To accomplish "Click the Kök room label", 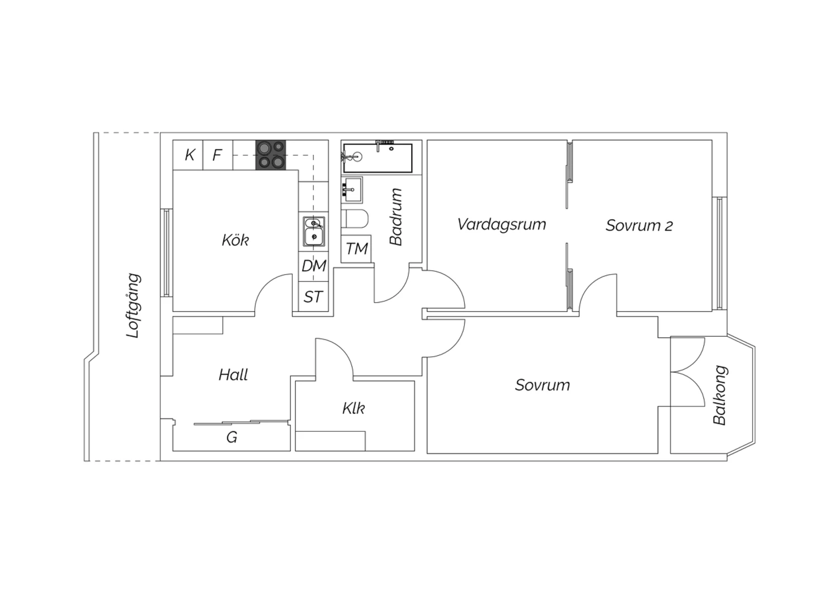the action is [x=235, y=240].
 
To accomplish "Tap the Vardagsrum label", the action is [x=502, y=224].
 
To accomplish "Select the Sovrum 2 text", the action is [x=639, y=225].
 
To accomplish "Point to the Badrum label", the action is [x=395, y=217].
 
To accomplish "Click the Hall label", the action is [x=233, y=375].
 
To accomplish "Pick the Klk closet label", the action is [x=353, y=408].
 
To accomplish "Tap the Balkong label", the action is [x=720, y=395].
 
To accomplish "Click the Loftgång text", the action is [x=133, y=305].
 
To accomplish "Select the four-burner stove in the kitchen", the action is [x=271, y=155].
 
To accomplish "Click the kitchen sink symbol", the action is [x=314, y=232].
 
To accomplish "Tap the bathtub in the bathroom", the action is [x=378, y=158].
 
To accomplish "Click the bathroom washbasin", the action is [x=352, y=190].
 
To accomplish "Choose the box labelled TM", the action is [x=356, y=249].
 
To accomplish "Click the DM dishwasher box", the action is [x=314, y=266].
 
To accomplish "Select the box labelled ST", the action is [x=313, y=296].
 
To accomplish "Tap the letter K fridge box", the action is [x=188, y=155].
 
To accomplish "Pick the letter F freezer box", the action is [x=218, y=155].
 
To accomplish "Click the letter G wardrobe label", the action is [x=232, y=437].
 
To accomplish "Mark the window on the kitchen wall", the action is [x=166, y=253].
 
